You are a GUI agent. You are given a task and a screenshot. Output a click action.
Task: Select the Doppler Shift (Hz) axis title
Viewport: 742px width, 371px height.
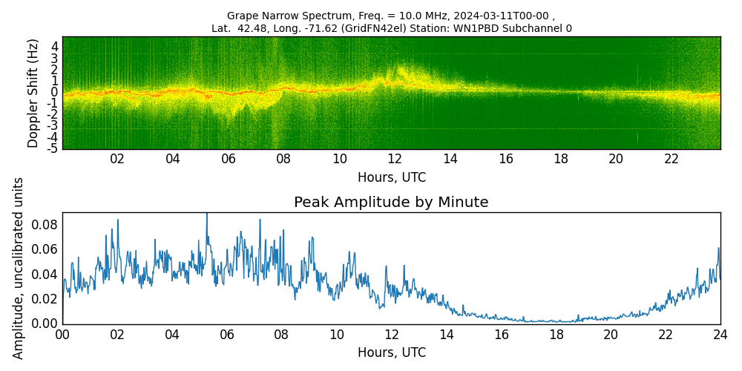pyautogui.click(x=33, y=93)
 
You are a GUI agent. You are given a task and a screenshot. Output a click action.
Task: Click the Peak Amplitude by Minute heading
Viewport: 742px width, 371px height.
pyautogui.click(x=391, y=203)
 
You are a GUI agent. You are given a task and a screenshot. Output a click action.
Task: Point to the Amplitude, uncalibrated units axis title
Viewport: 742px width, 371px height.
pyautogui.click(x=19, y=268)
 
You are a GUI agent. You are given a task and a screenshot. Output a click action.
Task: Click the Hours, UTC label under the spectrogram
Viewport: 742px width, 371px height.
pyautogui.click(x=392, y=178)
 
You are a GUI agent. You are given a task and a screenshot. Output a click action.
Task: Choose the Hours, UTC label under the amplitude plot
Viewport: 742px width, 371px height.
pyautogui.click(x=392, y=353)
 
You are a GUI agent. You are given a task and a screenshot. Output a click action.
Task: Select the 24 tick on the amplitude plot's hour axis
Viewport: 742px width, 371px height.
pyautogui.click(x=720, y=335)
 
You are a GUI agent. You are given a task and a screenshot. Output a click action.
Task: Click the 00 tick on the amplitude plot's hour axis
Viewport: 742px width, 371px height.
pyautogui.click(x=62, y=335)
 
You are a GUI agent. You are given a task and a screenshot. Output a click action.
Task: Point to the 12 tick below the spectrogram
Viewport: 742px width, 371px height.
pyautogui.click(x=395, y=160)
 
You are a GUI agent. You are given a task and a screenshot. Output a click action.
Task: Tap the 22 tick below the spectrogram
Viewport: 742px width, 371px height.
pyautogui.click(x=672, y=160)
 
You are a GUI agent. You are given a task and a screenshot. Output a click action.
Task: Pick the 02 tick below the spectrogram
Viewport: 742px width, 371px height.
pyautogui.click(x=117, y=160)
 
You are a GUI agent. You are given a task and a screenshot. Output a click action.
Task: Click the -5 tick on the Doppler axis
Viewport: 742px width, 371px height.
pyautogui.click(x=54, y=148)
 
